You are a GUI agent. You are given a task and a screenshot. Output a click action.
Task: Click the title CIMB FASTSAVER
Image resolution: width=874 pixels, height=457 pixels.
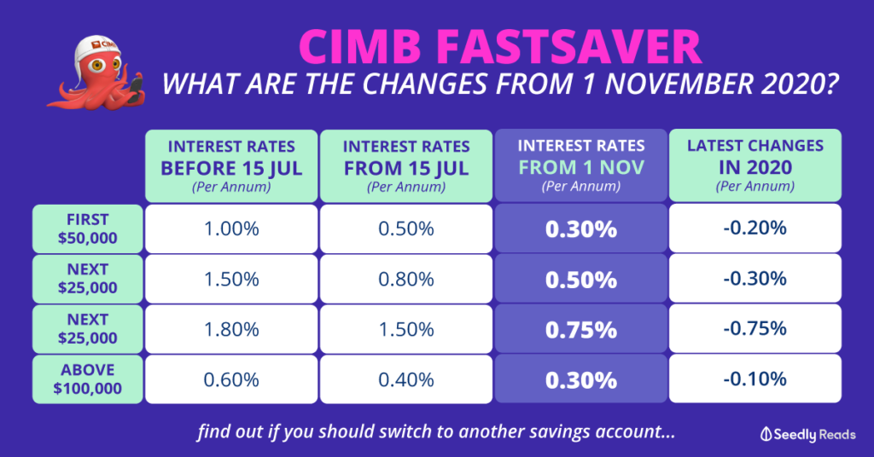tap(500, 46)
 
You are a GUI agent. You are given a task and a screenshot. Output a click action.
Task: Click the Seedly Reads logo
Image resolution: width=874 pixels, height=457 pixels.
tap(808, 434)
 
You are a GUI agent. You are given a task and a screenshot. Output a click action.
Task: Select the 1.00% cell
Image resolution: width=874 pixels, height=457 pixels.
tap(231, 228)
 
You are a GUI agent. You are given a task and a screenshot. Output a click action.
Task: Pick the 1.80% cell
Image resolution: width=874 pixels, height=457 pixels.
tap(231, 329)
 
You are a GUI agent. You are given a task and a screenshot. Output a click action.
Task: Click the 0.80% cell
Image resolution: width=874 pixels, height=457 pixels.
tap(406, 279)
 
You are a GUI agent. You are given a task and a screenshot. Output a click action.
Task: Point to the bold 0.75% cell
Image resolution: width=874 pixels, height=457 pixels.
tap(580, 329)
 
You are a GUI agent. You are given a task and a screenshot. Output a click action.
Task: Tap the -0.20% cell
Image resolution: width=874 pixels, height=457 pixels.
tap(755, 228)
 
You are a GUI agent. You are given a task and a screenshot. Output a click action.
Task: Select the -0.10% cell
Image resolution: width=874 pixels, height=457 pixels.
tap(755, 379)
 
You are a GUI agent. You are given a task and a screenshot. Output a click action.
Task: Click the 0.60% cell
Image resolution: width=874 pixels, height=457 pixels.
tap(231, 379)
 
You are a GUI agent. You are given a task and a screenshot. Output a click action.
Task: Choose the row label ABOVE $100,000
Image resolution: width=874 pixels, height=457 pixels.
tap(88, 379)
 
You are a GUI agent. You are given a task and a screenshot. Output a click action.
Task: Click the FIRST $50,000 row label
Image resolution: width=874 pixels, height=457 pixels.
tap(88, 228)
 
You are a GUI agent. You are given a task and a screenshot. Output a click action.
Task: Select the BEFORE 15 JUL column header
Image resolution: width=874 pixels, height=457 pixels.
tap(231, 166)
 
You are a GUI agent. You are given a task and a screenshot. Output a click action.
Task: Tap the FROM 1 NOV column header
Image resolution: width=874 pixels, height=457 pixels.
tap(580, 165)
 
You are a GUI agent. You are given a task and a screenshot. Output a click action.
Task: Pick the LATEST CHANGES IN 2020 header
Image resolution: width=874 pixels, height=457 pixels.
tap(755, 165)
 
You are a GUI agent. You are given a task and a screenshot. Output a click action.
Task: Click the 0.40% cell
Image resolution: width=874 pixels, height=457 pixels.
tap(406, 379)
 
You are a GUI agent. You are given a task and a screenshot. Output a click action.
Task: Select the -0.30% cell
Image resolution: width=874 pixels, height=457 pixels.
tap(755, 278)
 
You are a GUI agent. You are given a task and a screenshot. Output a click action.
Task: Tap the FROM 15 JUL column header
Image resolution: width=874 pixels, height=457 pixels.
tap(406, 166)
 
